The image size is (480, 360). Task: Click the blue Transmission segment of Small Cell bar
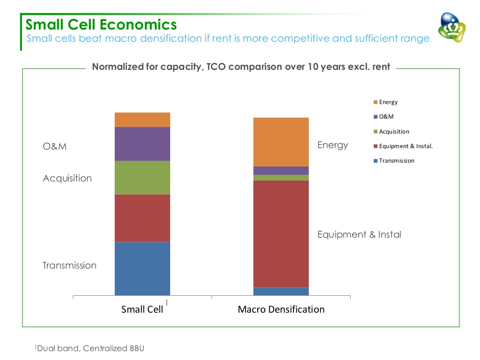coord(142,268)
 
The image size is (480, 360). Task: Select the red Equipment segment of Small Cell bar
coord(142,218)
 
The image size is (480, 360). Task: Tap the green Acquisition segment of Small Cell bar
coord(142,178)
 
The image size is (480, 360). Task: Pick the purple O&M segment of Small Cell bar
coord(142,144)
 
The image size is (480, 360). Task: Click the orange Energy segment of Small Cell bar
coord(142,120)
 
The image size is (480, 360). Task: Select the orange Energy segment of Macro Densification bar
coord(281,142)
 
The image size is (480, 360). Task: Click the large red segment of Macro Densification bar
coord(281,233)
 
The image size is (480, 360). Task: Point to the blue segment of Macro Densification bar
coord(281,291)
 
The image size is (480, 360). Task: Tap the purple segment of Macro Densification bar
coord(281,171)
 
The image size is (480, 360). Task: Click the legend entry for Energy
coord(388,102)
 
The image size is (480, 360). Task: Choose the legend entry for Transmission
coord(397,160)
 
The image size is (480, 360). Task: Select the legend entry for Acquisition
coord(394,131)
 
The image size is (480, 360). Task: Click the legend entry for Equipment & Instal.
coord(405,146)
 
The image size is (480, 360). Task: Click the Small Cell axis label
coord(142,309)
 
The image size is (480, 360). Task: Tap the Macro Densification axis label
coord(281,309)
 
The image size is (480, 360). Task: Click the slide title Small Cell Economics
coord(101,24)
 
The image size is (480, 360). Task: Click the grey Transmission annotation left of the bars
coord(69,265)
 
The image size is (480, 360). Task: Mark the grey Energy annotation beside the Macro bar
coord(332,145)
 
